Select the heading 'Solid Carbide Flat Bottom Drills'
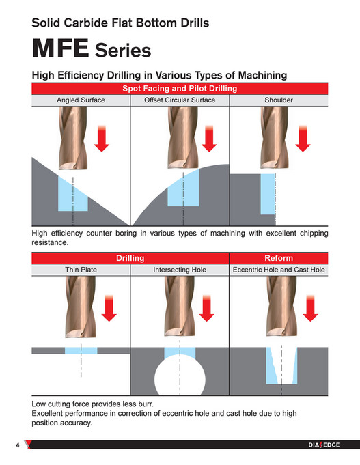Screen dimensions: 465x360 [120, 23]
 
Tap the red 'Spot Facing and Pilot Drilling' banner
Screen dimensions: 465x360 [180, 89]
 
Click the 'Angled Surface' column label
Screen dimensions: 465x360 [81, 100]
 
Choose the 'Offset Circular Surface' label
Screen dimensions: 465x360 [180, 100]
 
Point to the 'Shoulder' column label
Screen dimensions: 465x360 [278, 100]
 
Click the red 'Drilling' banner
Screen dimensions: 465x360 [130, 258]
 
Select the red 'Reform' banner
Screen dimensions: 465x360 [278, 258]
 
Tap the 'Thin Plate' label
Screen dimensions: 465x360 [81, 270]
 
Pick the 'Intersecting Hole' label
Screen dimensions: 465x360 [180, 270]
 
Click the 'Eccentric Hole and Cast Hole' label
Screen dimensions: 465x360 [278, 270]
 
